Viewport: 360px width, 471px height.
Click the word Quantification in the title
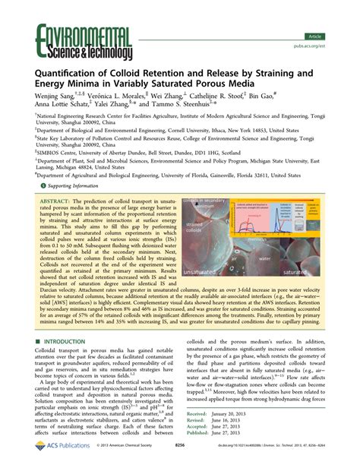tap(74, 74)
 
